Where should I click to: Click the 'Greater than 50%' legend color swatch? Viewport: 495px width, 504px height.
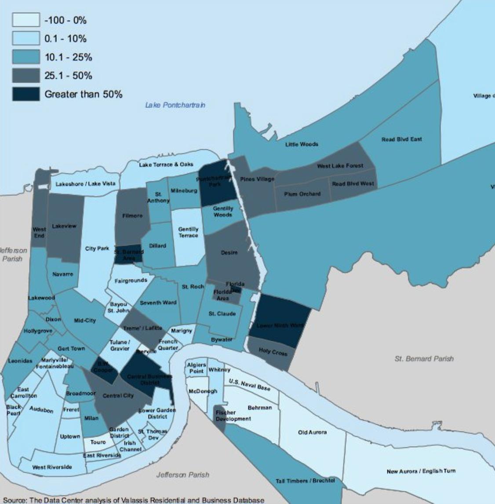click(26, 94)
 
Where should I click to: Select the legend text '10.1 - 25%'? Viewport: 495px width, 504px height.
click(68, 57)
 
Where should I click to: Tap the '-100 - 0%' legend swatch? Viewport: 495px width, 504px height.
click(26, 20)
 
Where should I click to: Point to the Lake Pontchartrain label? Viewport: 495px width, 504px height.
click(175, 105)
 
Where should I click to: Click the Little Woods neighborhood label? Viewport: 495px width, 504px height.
click(302, 144)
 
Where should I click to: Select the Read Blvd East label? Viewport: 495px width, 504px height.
click(401, 139)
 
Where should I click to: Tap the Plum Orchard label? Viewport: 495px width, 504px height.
click(302, 194)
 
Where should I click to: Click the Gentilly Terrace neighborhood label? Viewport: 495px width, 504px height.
click(188, 232)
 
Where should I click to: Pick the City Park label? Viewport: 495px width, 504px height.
click(97, 248)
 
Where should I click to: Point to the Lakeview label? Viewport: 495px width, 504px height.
click(64, 226)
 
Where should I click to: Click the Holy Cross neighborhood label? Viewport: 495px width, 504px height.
click(273, 352)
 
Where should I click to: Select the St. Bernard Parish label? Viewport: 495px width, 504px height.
click(424, 358)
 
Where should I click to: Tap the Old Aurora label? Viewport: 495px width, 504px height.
click(312, 432)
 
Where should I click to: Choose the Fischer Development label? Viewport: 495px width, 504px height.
click(233, 416)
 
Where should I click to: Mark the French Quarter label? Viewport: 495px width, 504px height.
click(168, 344)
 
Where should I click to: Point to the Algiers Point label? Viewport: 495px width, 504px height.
click(196, 368)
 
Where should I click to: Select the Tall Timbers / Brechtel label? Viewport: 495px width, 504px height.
click(305, 481)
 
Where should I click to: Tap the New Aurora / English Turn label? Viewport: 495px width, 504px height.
click(421, 471)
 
